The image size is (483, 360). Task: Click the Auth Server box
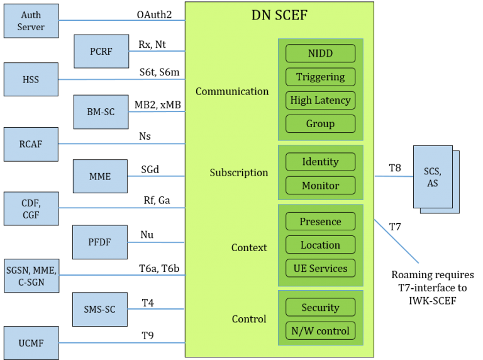(31, 21)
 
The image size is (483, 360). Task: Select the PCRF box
(101, 52)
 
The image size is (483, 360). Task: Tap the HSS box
(31, 79)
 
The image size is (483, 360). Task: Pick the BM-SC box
(101, 112)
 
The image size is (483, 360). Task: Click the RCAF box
(31, 144)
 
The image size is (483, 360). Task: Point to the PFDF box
(100, 242)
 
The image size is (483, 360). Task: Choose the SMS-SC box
(100, 309)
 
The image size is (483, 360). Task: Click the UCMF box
(31, 343)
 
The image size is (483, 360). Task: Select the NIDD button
(320, 53)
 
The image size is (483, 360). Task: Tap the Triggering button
(320, 77)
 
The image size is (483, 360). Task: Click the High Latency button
(320, 100)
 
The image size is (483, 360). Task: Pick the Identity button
(320, 162)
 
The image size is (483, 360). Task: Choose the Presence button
(320, 222)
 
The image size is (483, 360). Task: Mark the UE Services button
(320, 268)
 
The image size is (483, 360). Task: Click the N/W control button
(320, 331)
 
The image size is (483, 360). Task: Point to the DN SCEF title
(279, 15)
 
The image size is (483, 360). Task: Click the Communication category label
(232, 91)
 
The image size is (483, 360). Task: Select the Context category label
(249, 247)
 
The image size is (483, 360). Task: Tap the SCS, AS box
(433, 177)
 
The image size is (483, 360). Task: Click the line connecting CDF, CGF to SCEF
(119, 208)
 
